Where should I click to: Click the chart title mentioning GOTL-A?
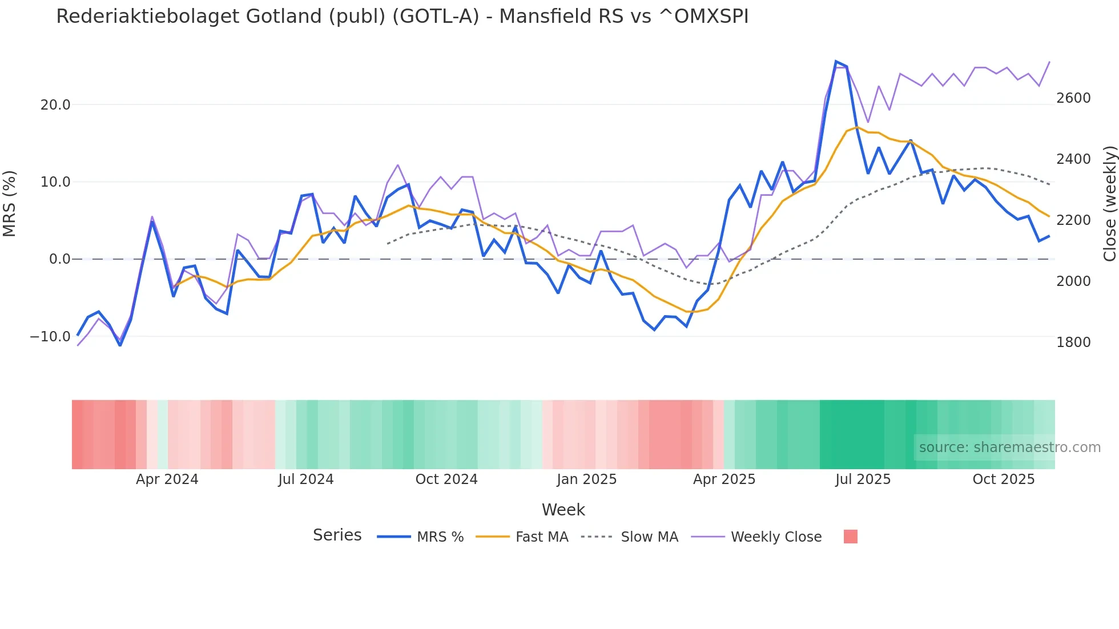click(402, 17)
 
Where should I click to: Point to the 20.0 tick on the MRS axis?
click(55, 105)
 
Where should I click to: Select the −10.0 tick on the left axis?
click(50, 337)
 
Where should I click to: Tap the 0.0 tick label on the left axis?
click(59, 259)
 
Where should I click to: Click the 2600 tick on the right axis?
click(1073, 98)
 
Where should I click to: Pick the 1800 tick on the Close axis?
click(1073, 342)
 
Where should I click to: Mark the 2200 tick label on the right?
click(1073, 220)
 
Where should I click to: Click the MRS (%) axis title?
click(10, 204)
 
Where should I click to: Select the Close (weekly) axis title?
click(1109, 204)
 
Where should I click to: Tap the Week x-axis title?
click(563, 510)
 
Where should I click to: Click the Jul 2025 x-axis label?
click(863, 479)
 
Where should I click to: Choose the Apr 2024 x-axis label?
click(167, 479)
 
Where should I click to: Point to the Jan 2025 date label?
click(586, 479)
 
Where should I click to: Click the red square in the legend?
click(850, 537)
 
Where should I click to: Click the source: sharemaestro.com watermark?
click(1009, 447)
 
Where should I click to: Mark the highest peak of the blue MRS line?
click(836, 62)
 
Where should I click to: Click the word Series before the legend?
click(337, 535)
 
